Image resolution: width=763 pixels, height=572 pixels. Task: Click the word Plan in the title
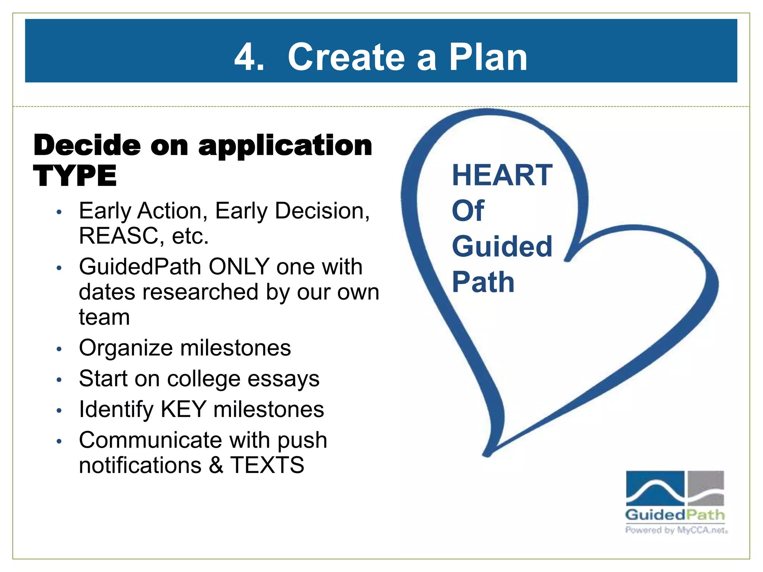[488, 57]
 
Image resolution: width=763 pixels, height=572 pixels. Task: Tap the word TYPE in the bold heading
[75, 176]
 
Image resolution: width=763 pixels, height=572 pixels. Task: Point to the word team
[104, 317]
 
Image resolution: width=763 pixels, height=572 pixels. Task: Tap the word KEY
[183, 410]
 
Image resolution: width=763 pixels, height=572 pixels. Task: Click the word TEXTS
[267, 465]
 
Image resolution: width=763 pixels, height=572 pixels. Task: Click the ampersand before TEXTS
[216, 465]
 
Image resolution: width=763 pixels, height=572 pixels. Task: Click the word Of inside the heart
[468, 211]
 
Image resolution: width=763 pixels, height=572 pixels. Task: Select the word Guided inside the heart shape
[502, 247]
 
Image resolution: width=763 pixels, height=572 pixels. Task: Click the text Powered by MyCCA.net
[676, 530]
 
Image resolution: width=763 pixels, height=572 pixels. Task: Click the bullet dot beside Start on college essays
[58, 380]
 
